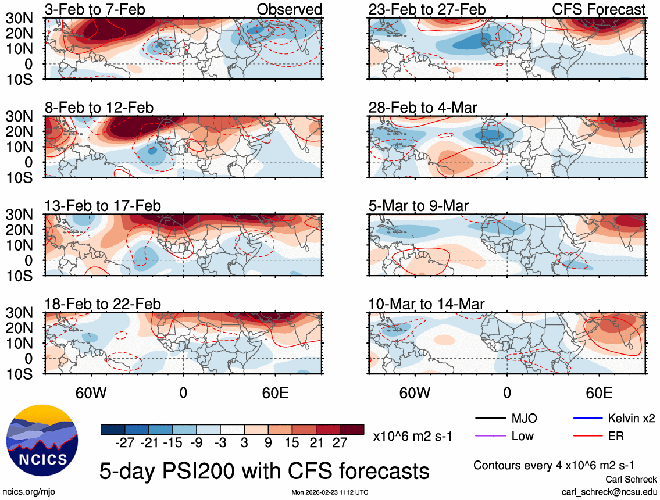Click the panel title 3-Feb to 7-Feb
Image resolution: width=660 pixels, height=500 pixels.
95,9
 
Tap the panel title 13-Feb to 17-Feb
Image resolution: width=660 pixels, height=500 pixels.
103,206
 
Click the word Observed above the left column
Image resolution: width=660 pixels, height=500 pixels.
289,9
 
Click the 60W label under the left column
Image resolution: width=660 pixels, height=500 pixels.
92,392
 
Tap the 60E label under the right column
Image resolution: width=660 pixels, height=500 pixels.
598,392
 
